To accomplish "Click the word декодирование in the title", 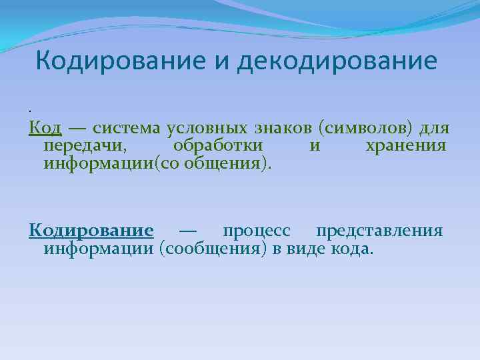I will coord(337,61).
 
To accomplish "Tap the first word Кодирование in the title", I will coord(117,61).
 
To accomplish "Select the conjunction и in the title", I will coord(218,61).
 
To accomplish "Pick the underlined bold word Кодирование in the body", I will coord(91,231).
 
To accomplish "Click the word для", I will coord(434,127).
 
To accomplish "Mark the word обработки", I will coord(217,145).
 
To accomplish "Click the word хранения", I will coord(406,145).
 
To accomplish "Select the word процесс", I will coord(257,231).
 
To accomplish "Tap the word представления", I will coord(379,231).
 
